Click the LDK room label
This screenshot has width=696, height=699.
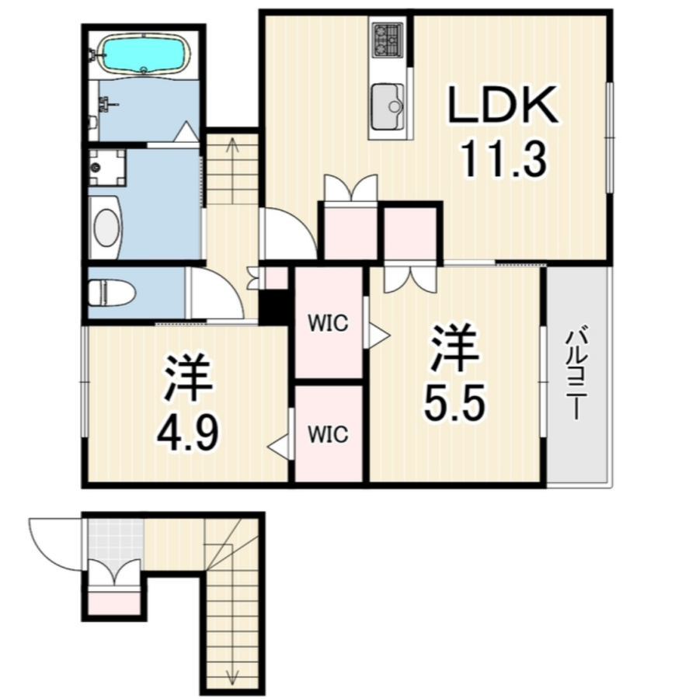click(503, 104)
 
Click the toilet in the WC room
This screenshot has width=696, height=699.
click(111, 293)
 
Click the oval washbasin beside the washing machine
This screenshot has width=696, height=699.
click(107, 228)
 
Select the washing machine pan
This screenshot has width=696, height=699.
click(107, 168)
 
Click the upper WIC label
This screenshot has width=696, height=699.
click(328, 323)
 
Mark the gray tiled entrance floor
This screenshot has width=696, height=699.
click(116, 541)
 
